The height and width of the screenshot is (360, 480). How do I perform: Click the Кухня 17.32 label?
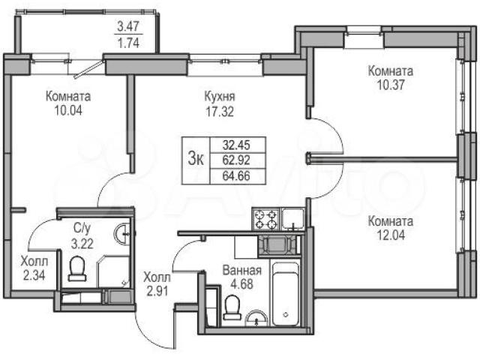coord(220,104)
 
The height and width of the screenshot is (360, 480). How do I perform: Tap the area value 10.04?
coord(68,110)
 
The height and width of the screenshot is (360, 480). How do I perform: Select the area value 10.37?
coord(390,85)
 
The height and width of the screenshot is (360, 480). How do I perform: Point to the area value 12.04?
coord(391,235)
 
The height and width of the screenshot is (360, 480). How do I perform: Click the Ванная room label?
coord(241,270)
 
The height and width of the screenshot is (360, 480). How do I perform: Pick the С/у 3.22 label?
coord(82,236)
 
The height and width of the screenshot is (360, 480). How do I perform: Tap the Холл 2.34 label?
coord(34,268)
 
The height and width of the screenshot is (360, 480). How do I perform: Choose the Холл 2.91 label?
coord(157,284)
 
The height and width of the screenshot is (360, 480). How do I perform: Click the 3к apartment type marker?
coord(196,160)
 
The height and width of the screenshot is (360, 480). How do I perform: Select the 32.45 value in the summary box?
coord(236,145)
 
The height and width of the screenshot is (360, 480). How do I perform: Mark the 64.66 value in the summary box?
coord(236,176)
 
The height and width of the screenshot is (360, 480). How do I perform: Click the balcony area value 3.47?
coord(128,26)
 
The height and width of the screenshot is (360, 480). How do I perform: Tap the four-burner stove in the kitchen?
coord(265,219)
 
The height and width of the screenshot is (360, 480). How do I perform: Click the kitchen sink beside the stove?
coord(293,219)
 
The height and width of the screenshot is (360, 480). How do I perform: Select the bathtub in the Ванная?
coord(285,293)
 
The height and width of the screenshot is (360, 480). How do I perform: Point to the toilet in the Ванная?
coord(232,307)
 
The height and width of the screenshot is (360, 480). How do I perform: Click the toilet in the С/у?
coord(77,268)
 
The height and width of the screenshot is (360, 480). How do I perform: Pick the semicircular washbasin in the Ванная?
coord(256,319)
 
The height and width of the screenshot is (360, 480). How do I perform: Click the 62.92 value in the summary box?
coord(236,160)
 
